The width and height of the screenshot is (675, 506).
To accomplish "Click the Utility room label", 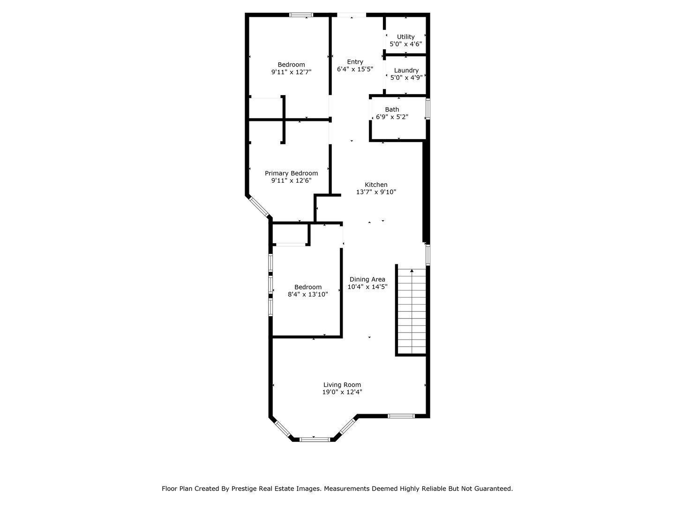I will (x=405, y=37).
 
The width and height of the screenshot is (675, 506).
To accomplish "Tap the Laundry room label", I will (x=406, y=70).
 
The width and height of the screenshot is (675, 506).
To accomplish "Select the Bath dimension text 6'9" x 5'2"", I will (x=392, y=117).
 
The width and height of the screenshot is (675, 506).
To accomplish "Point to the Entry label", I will (x=355, y=62).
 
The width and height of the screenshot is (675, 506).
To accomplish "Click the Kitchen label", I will (x=376, y=185).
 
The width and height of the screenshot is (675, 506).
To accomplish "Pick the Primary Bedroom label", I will (x=291, y=173).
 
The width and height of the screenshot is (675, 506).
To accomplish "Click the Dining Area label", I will (x=367, y=279).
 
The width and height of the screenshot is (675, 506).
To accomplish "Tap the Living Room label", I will (x=342, y=385).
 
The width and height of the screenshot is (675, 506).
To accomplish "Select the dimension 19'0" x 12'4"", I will (x=342, y=392).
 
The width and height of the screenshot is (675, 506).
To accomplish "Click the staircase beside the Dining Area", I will (x=412, y=312).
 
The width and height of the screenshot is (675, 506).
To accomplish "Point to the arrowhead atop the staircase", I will (x=412, y=270).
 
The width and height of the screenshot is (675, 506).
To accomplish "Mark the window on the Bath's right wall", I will (x=427, y=109).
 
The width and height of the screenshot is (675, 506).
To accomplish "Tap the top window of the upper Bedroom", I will (x=301, y=15).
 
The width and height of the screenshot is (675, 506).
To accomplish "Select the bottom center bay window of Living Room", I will (x=315, y=439).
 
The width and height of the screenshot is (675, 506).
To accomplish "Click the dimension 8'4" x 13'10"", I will (x=307, y=294).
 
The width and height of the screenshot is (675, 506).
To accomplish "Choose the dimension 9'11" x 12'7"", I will (x=291, y=72).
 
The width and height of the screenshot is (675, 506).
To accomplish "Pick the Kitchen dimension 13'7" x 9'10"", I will (x=376, y=192).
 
